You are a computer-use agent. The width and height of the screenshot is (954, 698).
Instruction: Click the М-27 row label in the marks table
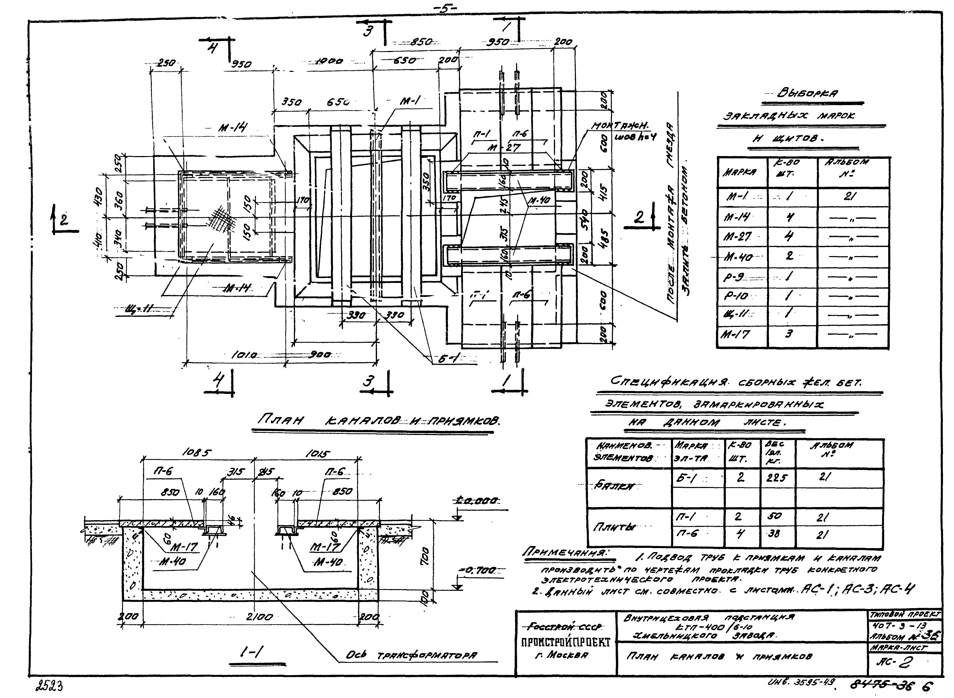pos(738,237)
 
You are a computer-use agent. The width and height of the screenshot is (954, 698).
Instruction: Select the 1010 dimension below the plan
pos(244,356)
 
